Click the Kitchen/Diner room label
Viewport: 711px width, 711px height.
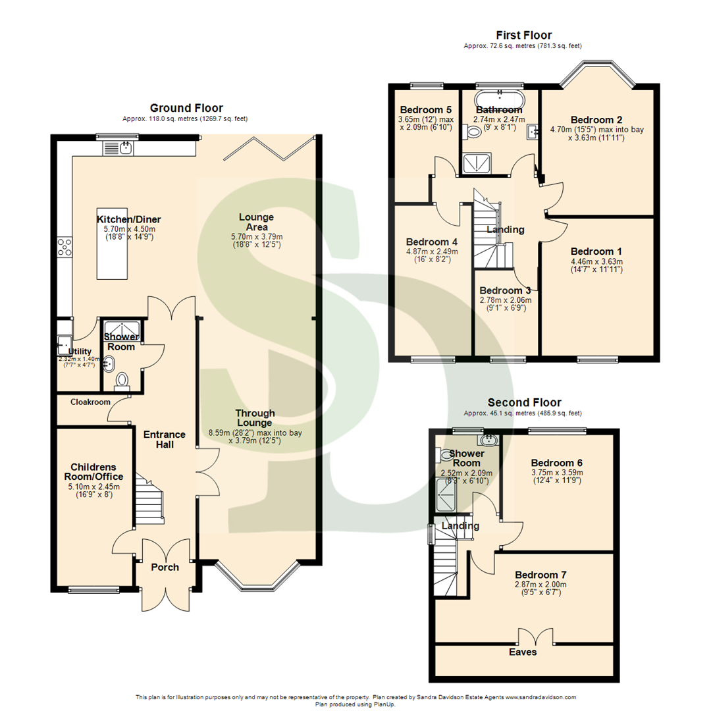pos(129,219)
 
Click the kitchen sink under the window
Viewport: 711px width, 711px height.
pos(118,148)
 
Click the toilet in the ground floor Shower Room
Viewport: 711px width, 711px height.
pos(122,381)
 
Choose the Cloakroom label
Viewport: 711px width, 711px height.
pos(82,402)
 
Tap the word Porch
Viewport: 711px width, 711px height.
pos(165,567)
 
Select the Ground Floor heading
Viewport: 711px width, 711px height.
pos(186,108)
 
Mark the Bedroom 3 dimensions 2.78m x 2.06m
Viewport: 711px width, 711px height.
pos(505,300)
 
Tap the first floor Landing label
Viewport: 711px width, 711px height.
pos(505,230)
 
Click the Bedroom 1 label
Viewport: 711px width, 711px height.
pos(596,251)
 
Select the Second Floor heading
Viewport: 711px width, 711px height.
pos(524,402)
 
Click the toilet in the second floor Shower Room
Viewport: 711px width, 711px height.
pos(445,454)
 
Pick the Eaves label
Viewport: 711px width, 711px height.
pos(524,652)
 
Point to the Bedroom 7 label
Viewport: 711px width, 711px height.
pos(540,574)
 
